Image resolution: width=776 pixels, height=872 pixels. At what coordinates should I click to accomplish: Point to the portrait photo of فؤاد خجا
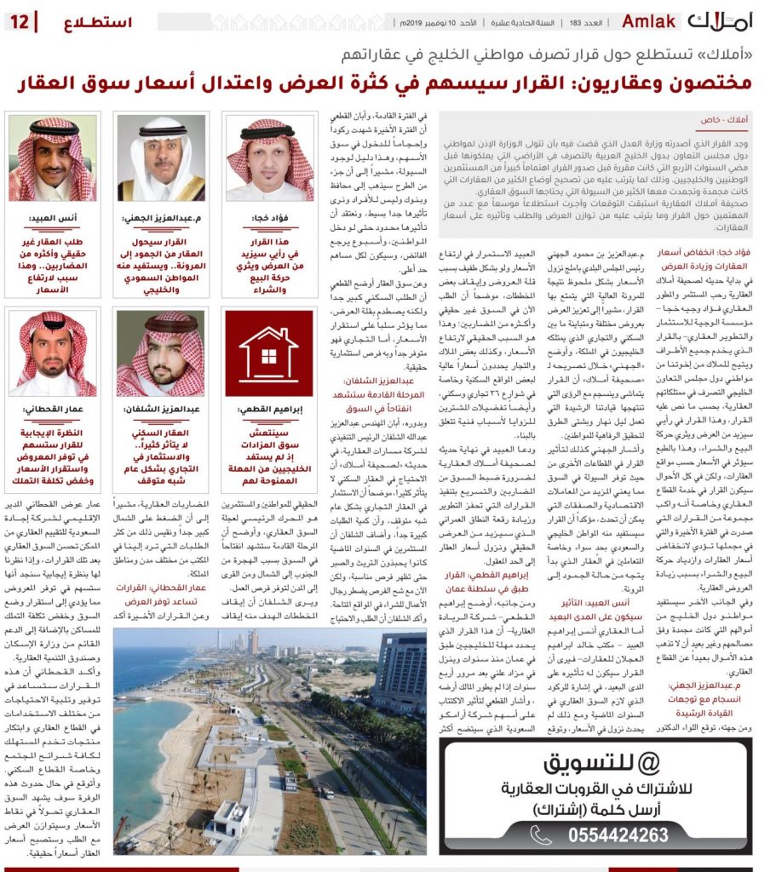click(x=269, y=159)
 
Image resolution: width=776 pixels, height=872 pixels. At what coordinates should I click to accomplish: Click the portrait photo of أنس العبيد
click(x=53, y=159)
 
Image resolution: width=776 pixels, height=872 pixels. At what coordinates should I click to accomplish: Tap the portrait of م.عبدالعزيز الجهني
click(x=161, y=159)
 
